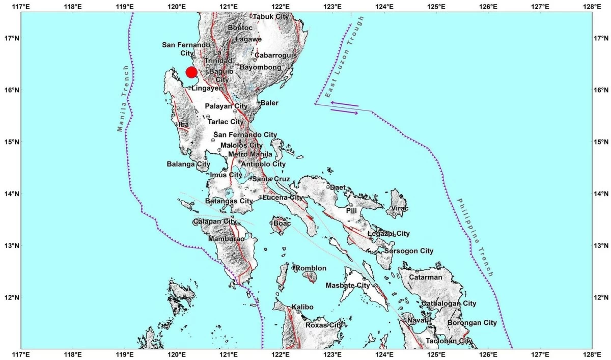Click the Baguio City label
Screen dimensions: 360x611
221,76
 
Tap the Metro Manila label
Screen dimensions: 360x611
246,154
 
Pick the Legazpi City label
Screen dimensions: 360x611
389,234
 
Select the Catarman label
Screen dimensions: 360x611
428,277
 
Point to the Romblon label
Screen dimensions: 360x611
311,268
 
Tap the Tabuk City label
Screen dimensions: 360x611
271,16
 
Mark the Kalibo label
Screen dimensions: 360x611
302,307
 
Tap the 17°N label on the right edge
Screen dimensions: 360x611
602,38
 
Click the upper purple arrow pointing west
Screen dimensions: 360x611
344,104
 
